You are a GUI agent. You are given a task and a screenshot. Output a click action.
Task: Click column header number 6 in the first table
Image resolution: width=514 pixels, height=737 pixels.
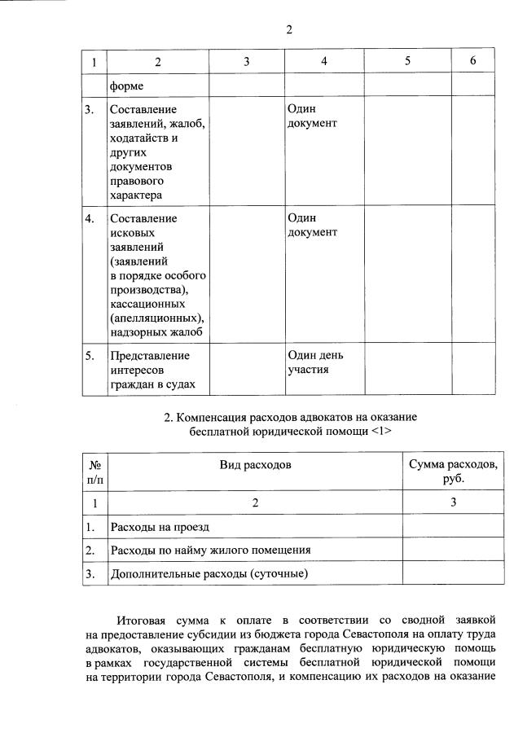tap(473, 62)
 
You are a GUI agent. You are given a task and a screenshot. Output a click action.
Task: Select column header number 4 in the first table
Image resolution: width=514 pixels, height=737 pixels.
tap(324, 62)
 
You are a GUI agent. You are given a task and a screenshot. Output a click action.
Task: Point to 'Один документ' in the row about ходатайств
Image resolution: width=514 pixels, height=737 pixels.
tap(312, 116)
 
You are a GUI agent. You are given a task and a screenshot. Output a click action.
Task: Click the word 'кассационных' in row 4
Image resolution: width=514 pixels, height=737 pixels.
tap(144, 302)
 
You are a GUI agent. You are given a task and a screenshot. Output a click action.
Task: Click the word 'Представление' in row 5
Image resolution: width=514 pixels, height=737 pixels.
tap(149, 356)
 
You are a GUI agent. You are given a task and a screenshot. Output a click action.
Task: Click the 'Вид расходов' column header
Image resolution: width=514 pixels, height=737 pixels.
tap(255, 464)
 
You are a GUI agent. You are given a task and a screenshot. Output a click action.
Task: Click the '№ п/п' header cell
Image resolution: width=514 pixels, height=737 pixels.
tap(94, 472)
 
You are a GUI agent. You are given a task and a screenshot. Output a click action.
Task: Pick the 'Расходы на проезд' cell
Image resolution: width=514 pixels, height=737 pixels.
tap(160, 528)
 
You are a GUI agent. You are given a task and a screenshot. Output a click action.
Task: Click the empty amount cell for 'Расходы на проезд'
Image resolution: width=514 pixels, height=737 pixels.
tap(453, 528)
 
